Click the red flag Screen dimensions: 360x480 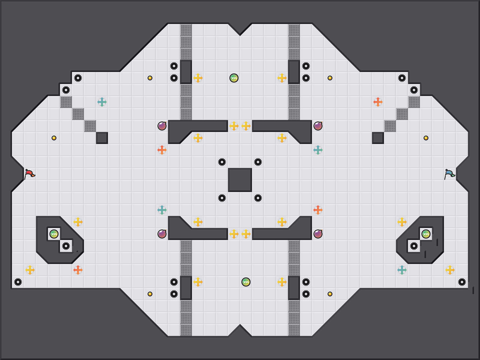coord(29,174)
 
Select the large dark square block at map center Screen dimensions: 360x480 coord(240,180)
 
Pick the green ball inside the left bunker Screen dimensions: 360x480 coord(54,234)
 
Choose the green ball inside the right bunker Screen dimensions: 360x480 coord(426,234)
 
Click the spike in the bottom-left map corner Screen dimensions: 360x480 coord(18,282)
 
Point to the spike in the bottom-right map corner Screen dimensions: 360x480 coord(462,282)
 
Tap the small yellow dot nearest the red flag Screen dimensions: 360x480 coord(54,138)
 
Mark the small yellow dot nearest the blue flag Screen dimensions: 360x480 coord(426,138)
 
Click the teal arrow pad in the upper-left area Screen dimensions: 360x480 coord(102,102)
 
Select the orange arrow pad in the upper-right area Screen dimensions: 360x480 coord(378,102)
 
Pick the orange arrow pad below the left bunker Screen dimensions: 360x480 coord(78,270)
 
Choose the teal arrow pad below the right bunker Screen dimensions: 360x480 coord(402,270)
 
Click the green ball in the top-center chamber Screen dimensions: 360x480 coord(234,78)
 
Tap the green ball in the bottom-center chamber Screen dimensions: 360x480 coord(246,282)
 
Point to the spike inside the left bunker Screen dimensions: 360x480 coord(66,246)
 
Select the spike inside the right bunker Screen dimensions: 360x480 coord(414,246)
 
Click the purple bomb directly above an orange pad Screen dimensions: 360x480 coord(162,126)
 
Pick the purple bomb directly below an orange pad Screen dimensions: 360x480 coord(318,234)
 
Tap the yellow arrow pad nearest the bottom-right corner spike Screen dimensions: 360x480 coord(450,270)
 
